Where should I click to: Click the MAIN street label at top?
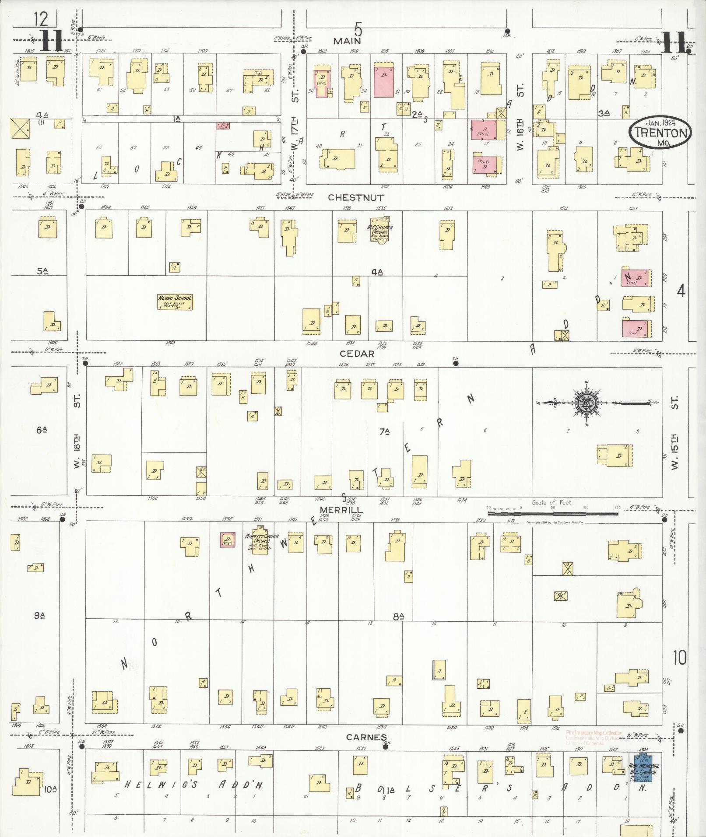click(347, 41)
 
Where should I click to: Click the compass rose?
click(584, 403)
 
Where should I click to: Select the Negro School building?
click(175, 302)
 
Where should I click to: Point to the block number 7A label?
click(385, 432)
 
